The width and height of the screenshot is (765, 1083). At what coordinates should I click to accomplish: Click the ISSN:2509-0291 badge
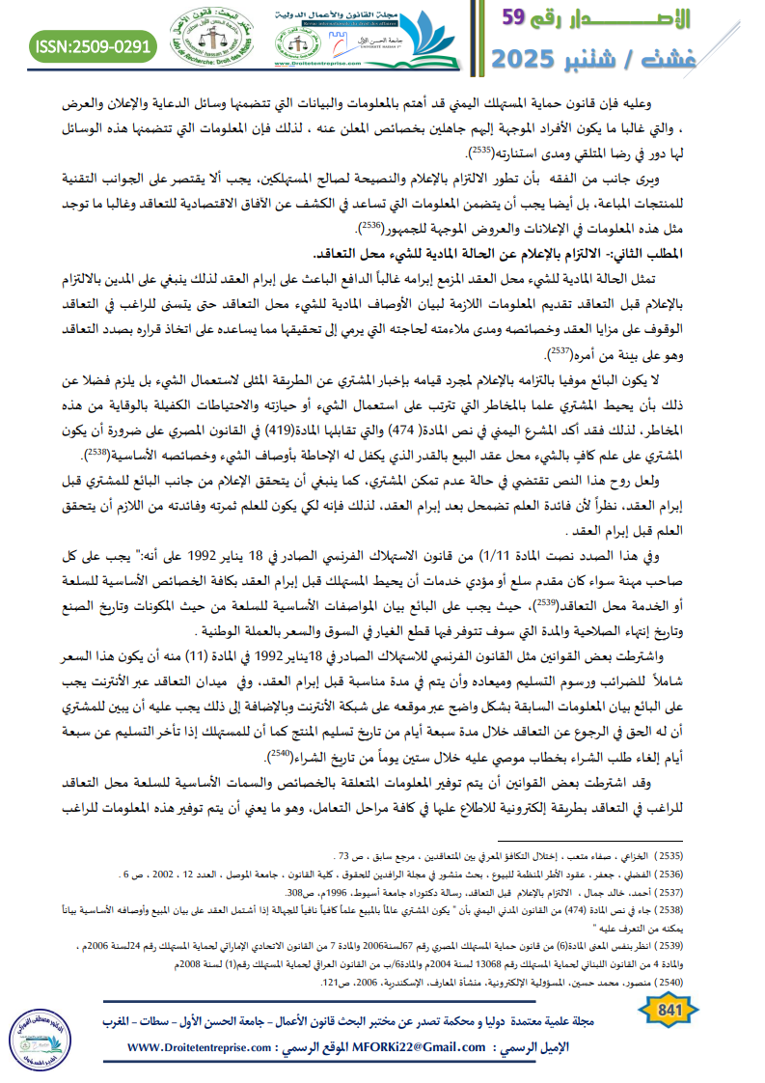(x=94, y=45)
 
